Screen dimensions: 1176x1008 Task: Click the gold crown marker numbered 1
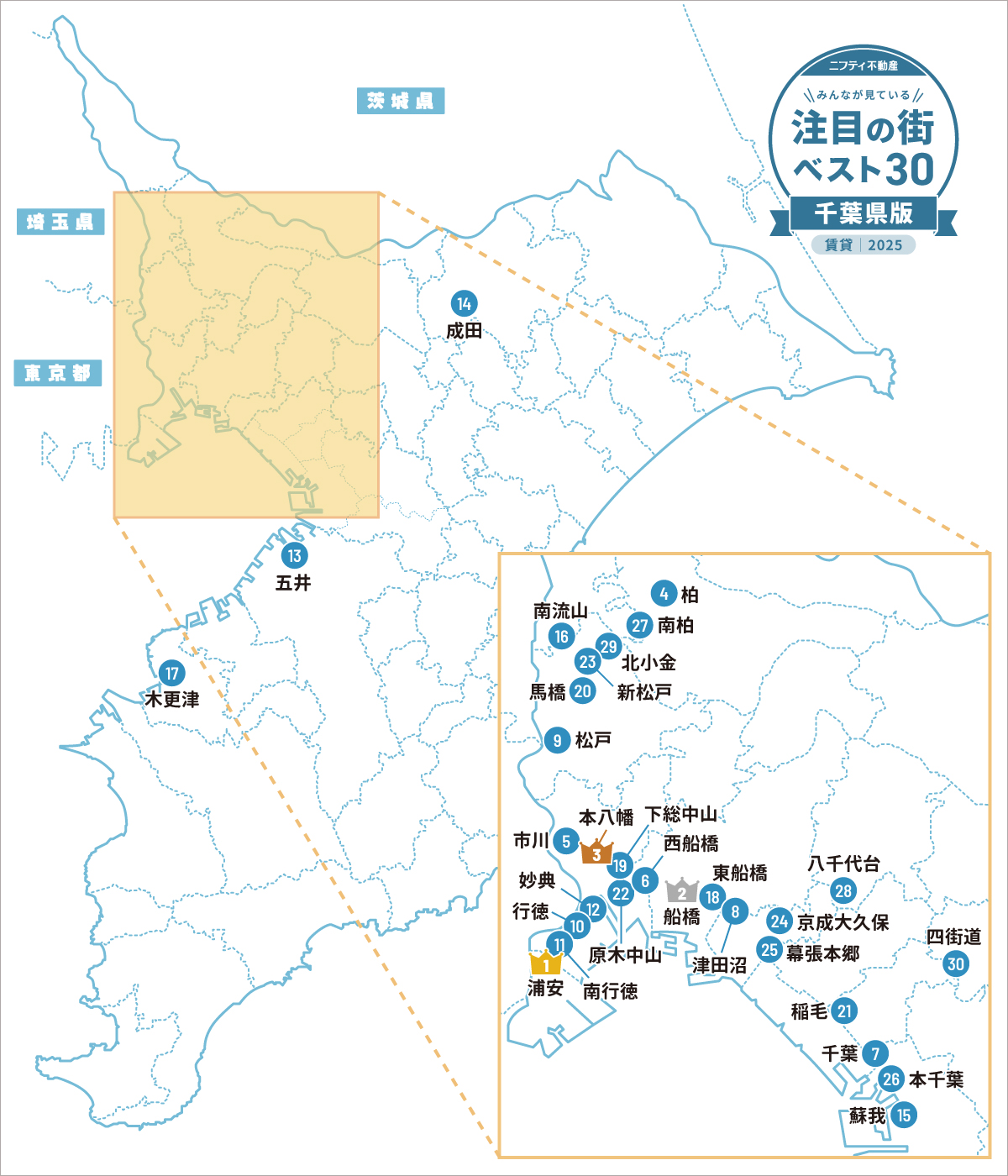[x=545, y=963]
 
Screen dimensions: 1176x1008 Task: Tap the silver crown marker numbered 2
[x=681, y=891]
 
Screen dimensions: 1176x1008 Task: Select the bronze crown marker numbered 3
[x=596, y=853]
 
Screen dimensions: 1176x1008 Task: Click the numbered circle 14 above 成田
[x=464, y=303]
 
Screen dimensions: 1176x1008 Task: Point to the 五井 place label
[x=293, y=582]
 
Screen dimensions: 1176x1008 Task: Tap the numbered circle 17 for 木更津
[x=172, y=673]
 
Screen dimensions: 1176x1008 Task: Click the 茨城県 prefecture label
[x=400, y=101]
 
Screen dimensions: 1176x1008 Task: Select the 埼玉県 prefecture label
[x=60, y=222]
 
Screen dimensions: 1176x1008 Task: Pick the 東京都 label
[x=58, y=373]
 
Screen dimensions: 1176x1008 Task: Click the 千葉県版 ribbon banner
[x=864, y=214]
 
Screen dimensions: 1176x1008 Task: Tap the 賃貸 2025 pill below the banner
[x=864, y=244]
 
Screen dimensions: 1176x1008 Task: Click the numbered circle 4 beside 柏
[x=664, y=594]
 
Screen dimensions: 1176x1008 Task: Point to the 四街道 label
[x=954, y=936]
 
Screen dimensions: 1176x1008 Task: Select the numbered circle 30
[x=956, y=963]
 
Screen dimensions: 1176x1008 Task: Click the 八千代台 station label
[x=843, y=864]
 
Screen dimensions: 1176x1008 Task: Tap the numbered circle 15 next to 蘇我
[x=903, y=1116]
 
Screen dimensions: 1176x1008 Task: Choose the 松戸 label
[x=593, y=740]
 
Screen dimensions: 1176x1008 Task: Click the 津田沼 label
[x=719, y=965]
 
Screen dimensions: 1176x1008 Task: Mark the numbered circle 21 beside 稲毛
[x=845, y=1011]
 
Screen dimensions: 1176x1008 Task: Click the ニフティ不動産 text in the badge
[x=863, y=65]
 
